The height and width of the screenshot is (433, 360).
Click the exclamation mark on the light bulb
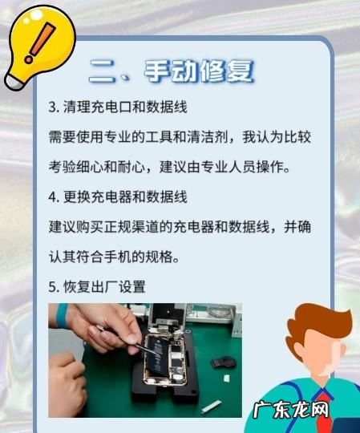[40, 42]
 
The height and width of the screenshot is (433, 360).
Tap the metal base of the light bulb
[15, 82]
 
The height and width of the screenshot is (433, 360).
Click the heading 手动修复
[199, 71]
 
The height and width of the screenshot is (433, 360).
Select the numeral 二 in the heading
[103, 71]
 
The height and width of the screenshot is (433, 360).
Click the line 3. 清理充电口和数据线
[118, 107]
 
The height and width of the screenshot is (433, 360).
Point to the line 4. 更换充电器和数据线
[118, 197]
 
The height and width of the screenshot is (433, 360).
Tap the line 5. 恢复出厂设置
[97, 287]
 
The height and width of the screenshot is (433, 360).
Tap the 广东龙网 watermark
[291, 410]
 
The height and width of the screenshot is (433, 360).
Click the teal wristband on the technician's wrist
[62, 315]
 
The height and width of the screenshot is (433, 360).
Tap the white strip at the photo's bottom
[211, 407]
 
